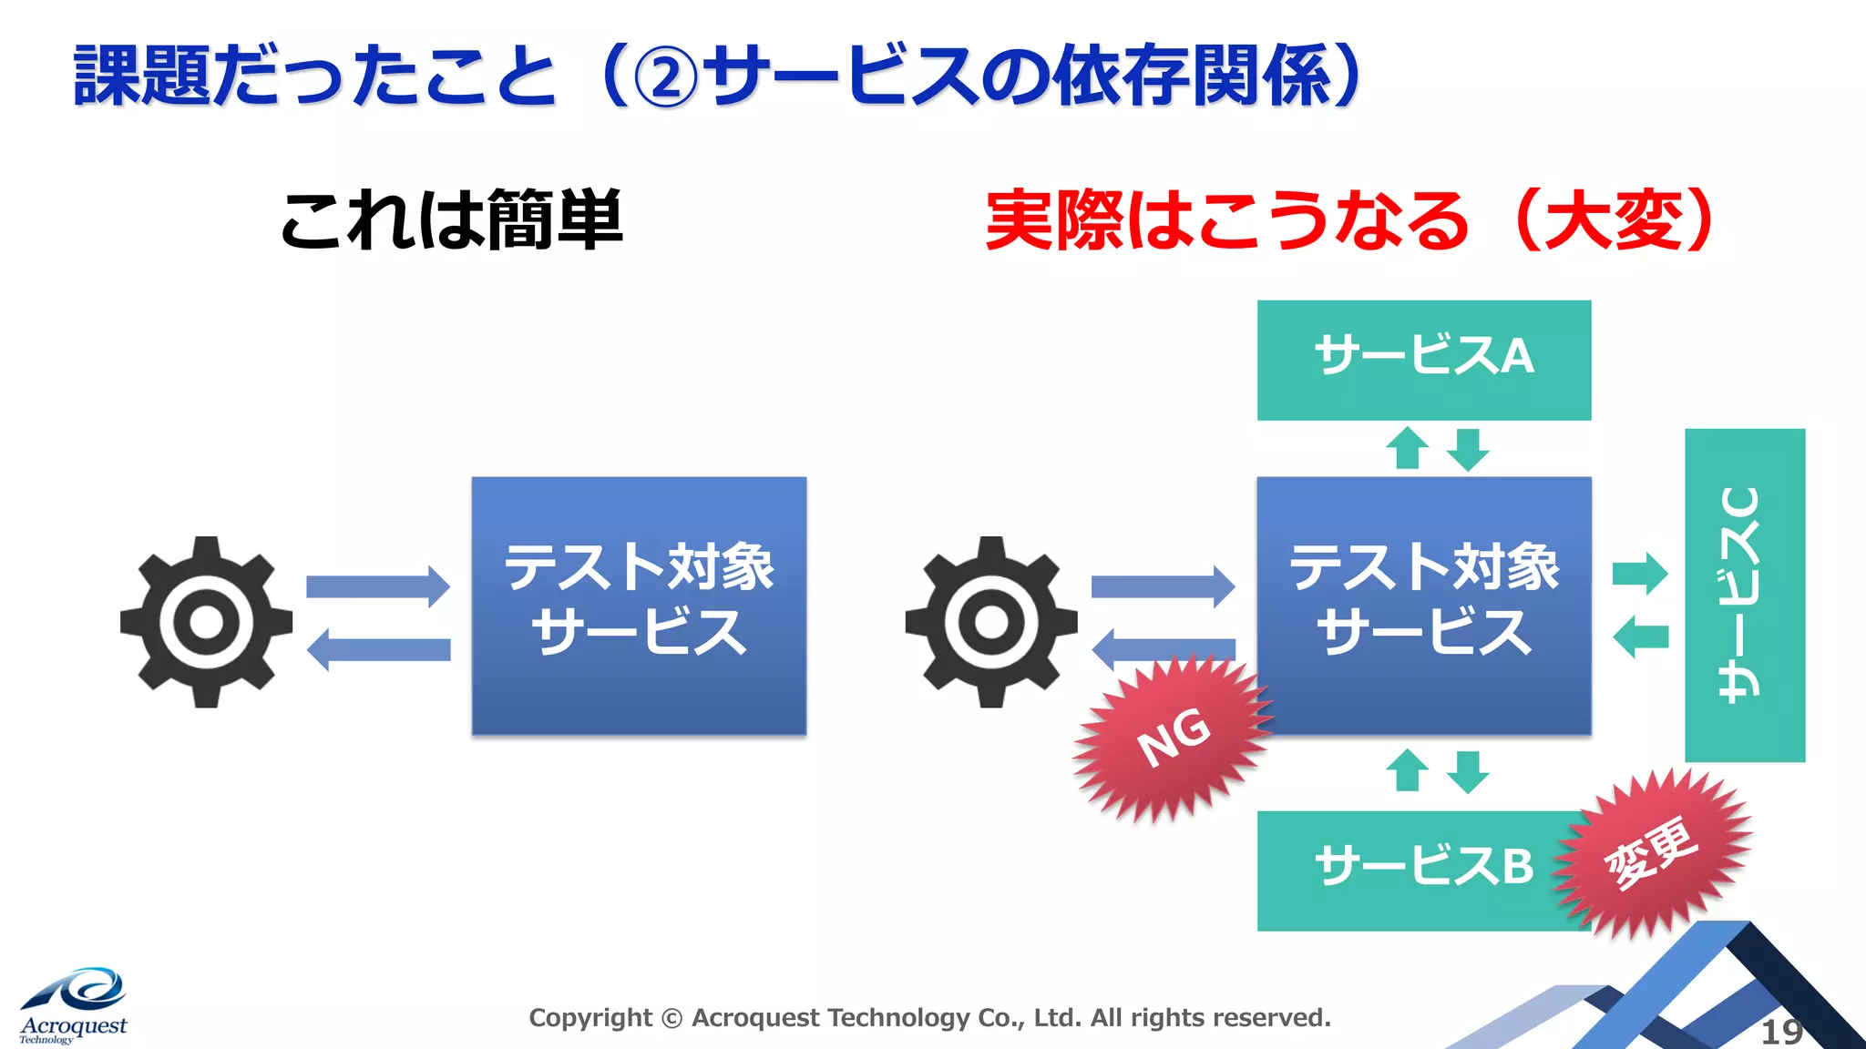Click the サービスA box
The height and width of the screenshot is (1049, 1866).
[x=1423, y=360]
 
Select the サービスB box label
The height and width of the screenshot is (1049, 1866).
[x=1423, y=866]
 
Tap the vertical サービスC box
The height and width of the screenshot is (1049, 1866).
[x=1744, y=595]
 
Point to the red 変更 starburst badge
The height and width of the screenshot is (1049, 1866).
[x=1651, y=851]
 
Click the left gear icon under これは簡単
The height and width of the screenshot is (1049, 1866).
[x=206, y=622]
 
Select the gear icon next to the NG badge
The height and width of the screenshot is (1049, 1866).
[x=991, y=622]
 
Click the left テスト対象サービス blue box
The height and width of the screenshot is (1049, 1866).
[x=639, y=605]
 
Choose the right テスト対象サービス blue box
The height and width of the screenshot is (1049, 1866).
[x=1423, y=605]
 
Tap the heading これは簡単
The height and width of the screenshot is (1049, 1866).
[x=452, y=221]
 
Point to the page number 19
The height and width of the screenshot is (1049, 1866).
[x=1781, y=1032]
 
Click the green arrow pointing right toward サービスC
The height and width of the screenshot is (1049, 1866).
[x=1639, y=574]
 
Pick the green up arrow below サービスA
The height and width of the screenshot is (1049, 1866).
[x=1407, y=448]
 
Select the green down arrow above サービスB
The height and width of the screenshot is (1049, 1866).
[x=1468, y=770]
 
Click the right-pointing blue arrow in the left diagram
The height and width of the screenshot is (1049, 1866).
[x=377, y=586]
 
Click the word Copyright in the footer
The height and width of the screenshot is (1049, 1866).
[x=590, y=1017]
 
